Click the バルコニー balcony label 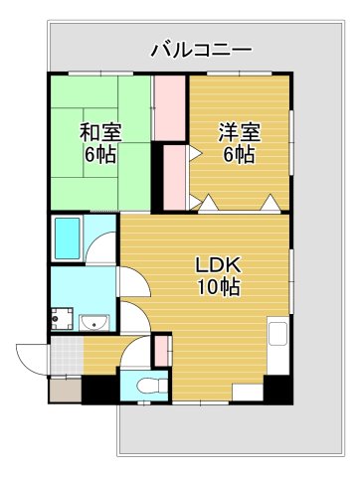coord(202,51)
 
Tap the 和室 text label coord(100,132)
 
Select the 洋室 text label coord(240,132)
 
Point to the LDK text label coord(218,264)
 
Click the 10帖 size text coord(219,287)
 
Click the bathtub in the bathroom coord(68,238)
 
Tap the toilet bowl coord(151,386)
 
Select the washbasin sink coord(94,322)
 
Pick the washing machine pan coord(62,319)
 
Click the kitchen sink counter coord(277,346)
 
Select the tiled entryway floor coord(67,356)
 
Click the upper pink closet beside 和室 coord(170,108)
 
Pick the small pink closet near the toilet coord(162,351)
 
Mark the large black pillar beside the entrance coord(100,390)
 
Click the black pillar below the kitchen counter coord(278,390)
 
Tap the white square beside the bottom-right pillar coord(248,393)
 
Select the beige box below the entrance coord(66,391)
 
